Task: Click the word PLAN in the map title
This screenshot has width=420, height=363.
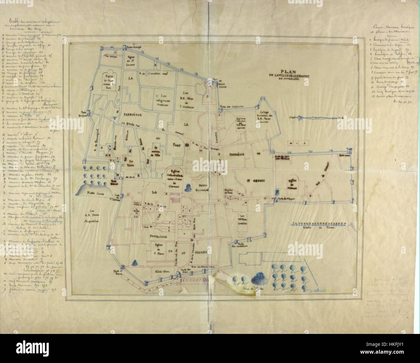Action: click(x=289, y=72)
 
